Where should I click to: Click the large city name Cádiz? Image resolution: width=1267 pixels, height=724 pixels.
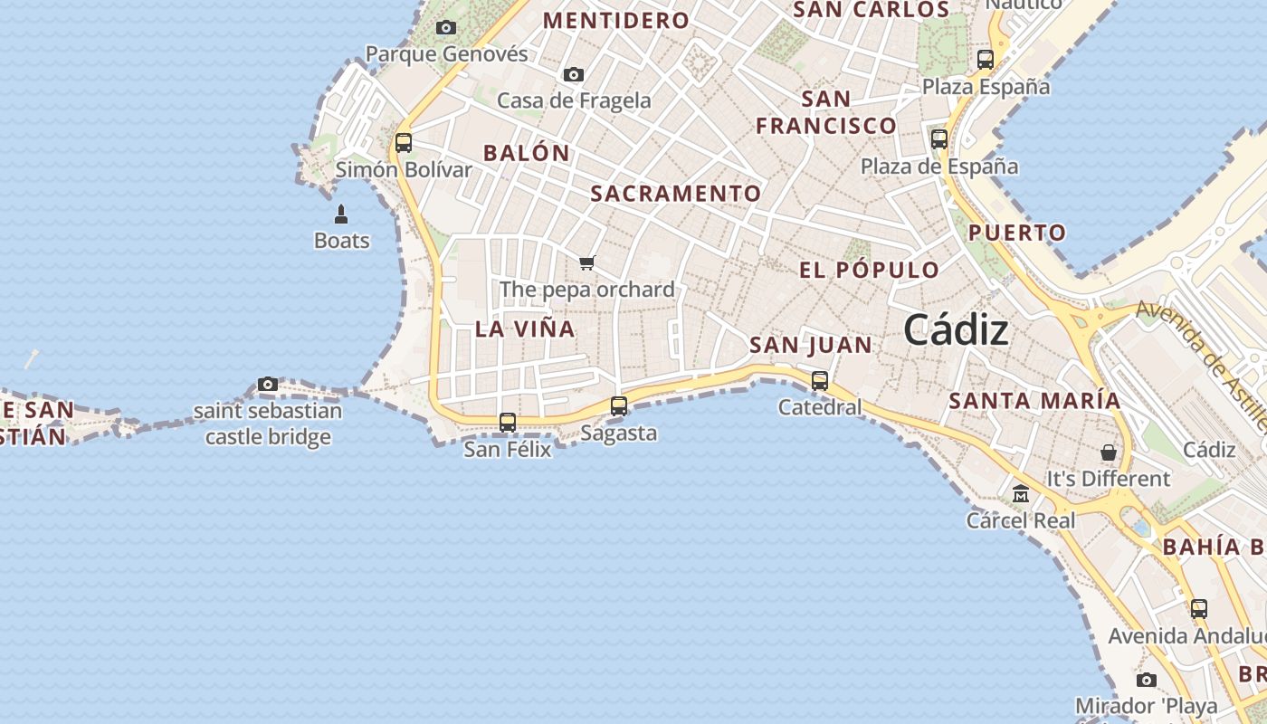(x=956, y=329)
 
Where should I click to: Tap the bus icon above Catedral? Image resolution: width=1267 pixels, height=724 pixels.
(x=820, y=380)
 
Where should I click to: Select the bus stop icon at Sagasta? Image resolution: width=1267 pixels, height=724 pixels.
(x=619, y=406)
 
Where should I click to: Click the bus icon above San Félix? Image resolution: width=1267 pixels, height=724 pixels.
(x=508, y=422)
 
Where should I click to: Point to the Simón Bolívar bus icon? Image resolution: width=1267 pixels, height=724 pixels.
(x=404, y=142)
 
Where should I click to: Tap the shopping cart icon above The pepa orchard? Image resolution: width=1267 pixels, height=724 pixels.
(x=587, y=263)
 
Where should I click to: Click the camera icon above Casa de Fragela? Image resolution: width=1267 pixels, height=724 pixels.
(x=573, y=74)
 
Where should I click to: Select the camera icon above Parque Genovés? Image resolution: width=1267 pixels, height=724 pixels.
(x=446, y=28)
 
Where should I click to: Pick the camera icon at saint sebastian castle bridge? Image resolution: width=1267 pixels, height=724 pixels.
(x=268, y=385)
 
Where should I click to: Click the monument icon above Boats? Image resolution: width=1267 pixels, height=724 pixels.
(x=341, y=214)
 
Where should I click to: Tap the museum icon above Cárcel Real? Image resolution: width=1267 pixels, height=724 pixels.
(x=1021, y=494)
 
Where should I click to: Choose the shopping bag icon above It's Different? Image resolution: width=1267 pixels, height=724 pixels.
(x=1109, y=452)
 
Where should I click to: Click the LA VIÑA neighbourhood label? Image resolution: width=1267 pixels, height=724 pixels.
(x=525, y=329)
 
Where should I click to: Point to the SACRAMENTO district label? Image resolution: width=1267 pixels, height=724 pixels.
(x=676, y=194)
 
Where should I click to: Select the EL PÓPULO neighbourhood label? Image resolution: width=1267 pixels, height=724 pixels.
(x=869, y=270)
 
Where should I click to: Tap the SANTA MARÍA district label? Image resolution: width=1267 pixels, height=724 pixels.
(x=1034, y=400)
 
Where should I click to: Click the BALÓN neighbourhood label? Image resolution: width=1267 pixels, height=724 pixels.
(x=527, y=153)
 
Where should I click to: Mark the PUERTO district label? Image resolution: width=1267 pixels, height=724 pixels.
(x=1017, y=233)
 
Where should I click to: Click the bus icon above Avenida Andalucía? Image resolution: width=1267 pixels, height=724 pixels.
(x=1199, y=609)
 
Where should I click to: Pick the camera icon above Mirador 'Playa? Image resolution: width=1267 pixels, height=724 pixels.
(x=1147, y=680)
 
